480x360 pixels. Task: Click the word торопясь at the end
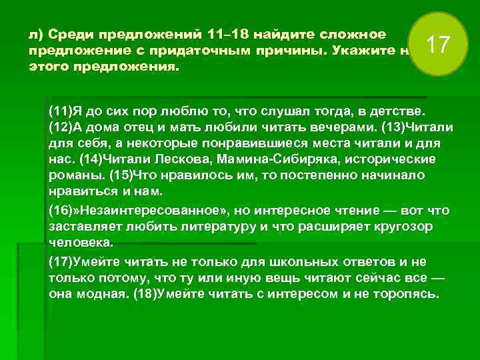tap(408, 294)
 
